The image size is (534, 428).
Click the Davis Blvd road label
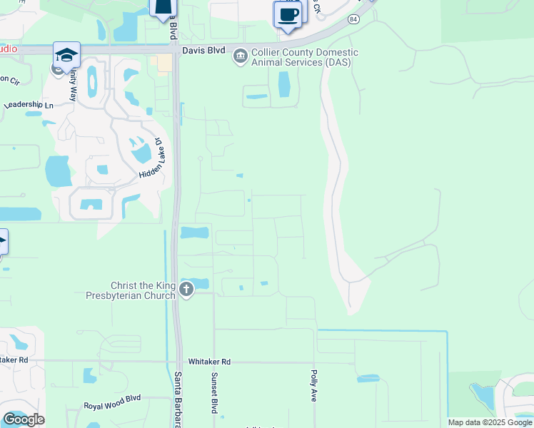(x=203, y=51)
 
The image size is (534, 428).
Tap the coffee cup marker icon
(x=288, y=15)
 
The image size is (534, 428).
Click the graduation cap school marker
(x=66, y=55)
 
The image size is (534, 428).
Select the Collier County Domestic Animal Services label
(x=304, y=57)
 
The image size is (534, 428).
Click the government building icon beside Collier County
(x=241, y=55)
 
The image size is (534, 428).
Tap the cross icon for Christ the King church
(x=186, y=290)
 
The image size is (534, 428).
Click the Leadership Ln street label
(x=29, y=105)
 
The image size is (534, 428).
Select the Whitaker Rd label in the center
(x=210, y=362)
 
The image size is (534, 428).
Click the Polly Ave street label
(x=313, y=386)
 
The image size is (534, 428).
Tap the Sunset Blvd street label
(x=213, y=392)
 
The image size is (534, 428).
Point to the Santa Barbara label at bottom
(x=176, y=399)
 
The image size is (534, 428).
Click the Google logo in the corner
(x=24, y=419)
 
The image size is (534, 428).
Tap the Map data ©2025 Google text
(x=489, y=422)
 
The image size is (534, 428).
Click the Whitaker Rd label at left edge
(x=14, y=360)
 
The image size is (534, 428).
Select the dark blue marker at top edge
(x=163, y=7)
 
